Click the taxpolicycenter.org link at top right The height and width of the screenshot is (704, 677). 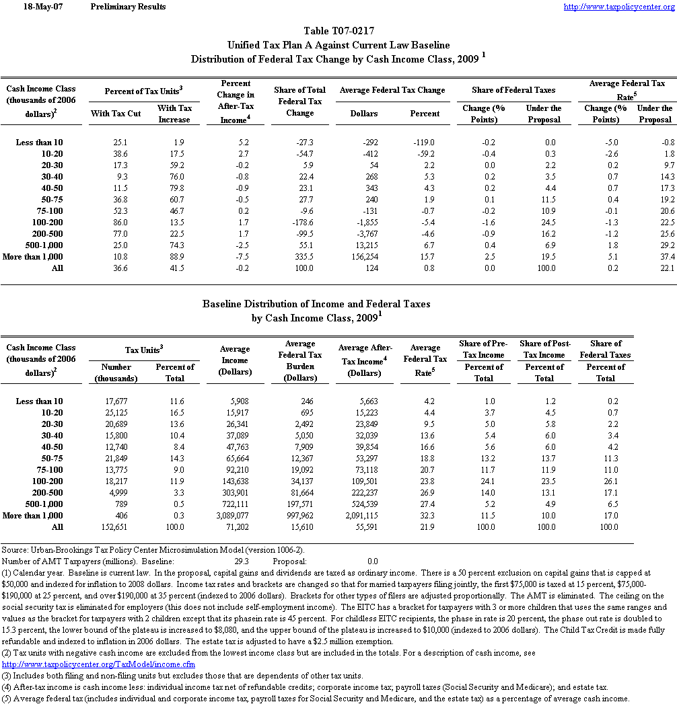[618, 7]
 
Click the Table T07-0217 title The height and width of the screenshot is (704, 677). [338, 31]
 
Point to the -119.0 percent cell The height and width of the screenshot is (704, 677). [425, 142]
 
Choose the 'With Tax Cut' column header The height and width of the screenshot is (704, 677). [116, 114]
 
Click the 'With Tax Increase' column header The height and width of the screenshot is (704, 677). [174, 114]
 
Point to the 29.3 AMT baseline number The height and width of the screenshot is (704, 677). [242, 560]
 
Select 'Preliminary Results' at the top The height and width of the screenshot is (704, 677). [127, 7]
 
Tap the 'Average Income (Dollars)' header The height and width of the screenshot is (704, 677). [235, 360]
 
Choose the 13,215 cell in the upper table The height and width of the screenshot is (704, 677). [365, 245]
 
